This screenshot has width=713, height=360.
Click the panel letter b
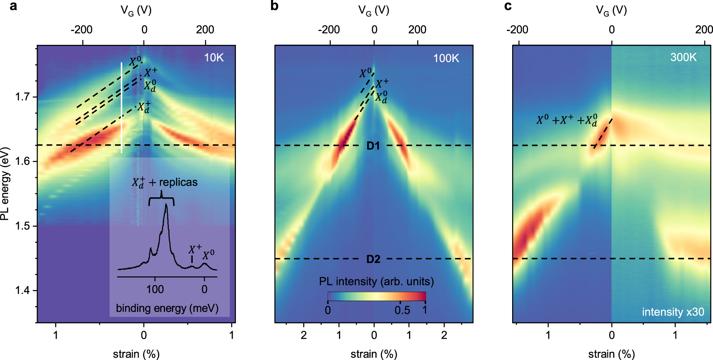[274, 6]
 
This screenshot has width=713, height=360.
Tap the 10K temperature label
[213, 57]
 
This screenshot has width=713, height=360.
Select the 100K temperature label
[446, 58]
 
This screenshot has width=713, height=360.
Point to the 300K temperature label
[683, 57]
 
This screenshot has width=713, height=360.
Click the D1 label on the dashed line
[373, 146]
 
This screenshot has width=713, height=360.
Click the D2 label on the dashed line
[373, 259]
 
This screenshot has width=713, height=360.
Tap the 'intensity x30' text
[673, 312]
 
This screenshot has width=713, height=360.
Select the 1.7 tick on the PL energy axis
[22, 97]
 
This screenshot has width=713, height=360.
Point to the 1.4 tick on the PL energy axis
[22, 290]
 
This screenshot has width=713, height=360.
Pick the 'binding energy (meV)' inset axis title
[167, 308]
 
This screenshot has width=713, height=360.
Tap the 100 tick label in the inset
[155, 289]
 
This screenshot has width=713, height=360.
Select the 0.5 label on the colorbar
[402, 310]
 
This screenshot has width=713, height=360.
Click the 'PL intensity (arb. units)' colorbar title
[376, 281]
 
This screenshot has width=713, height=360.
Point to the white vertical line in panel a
[121, 108]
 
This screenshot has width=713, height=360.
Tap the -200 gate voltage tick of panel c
[517, 30]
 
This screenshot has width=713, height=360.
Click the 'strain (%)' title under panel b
[374, 354]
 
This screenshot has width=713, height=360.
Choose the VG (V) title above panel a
[136, 11]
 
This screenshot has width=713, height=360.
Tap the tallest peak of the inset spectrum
[166, 205]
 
